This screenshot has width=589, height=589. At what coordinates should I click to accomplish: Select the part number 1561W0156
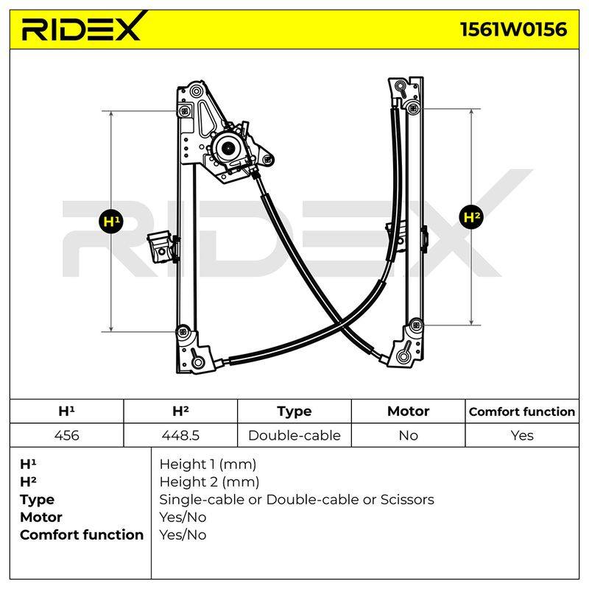pos(513,29)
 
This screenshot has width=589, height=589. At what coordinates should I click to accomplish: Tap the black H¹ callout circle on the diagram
pos(111,222)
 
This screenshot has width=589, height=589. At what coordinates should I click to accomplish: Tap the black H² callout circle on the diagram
pos(471,217)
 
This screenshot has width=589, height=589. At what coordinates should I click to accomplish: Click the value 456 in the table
pos(66,435)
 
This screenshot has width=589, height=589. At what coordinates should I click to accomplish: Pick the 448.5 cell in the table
pos(180,435)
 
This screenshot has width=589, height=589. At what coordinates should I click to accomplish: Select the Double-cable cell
pos(294,435)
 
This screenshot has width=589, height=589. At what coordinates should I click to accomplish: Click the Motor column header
pos(408,411)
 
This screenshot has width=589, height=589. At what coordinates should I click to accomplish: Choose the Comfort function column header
pos(522,412)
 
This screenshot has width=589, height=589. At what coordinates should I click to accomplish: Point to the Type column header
pos(294,412)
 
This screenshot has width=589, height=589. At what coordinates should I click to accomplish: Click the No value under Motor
pos(408,435)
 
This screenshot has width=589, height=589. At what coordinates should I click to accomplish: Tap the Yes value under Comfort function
pos(522,435)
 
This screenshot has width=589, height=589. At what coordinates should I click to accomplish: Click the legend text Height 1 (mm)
pos(208,465)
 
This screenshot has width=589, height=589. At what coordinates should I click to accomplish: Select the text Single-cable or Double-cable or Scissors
pos(297,500)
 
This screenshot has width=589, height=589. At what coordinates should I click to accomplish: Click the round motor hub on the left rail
pos(228,149)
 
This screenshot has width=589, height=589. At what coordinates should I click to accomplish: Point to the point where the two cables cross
pos(341,324)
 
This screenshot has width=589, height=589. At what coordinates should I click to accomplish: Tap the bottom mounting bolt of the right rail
pos(416,325)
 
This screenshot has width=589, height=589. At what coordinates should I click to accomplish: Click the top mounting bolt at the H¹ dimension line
pos(184,111)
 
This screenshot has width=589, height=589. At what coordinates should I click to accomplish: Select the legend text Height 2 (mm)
pos(209,482)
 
